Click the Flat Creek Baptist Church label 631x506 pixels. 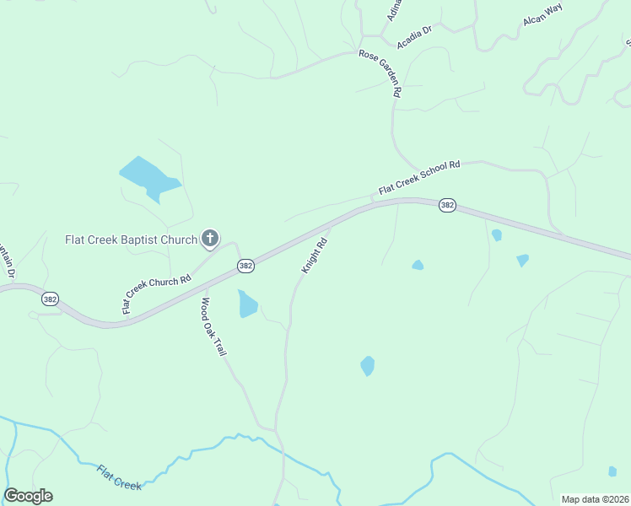tap(131, 240)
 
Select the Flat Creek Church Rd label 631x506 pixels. tap(157, 293)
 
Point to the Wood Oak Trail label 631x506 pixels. tap(214, 326)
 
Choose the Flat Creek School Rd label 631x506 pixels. tap(419, 178)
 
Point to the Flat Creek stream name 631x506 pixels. tap(119, 477)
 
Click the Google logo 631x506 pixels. tap(28, 496)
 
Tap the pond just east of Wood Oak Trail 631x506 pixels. tap(247, 304)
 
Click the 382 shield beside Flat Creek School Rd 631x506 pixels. tap(447, 206)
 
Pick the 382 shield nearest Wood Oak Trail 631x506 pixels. tap(245, 266)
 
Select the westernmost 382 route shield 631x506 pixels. tap(51, 299)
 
